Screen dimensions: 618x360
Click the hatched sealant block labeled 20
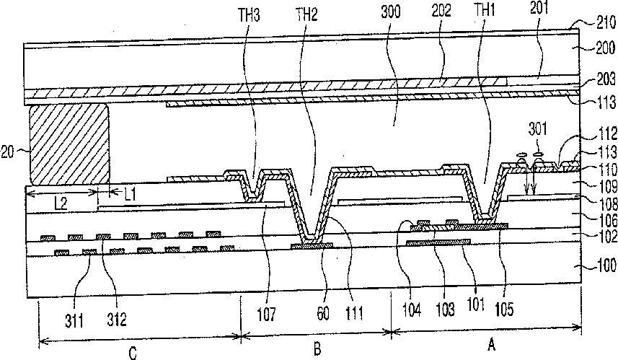click(x=69, y=144)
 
